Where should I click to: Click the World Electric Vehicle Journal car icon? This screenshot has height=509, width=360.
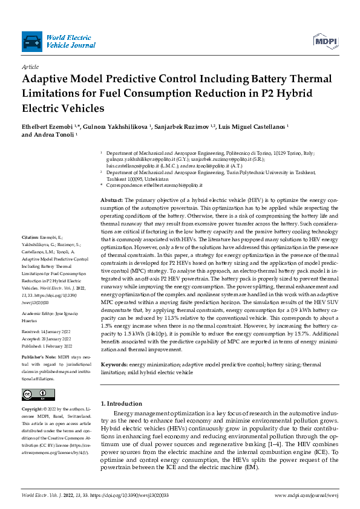[x=31, y=42]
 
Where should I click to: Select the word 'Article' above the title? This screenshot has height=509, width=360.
[x=30, y=67]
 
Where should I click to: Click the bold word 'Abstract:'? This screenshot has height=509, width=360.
[x=111, y=199]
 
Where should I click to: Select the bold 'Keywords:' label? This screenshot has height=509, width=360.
[x=114, y=365]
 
